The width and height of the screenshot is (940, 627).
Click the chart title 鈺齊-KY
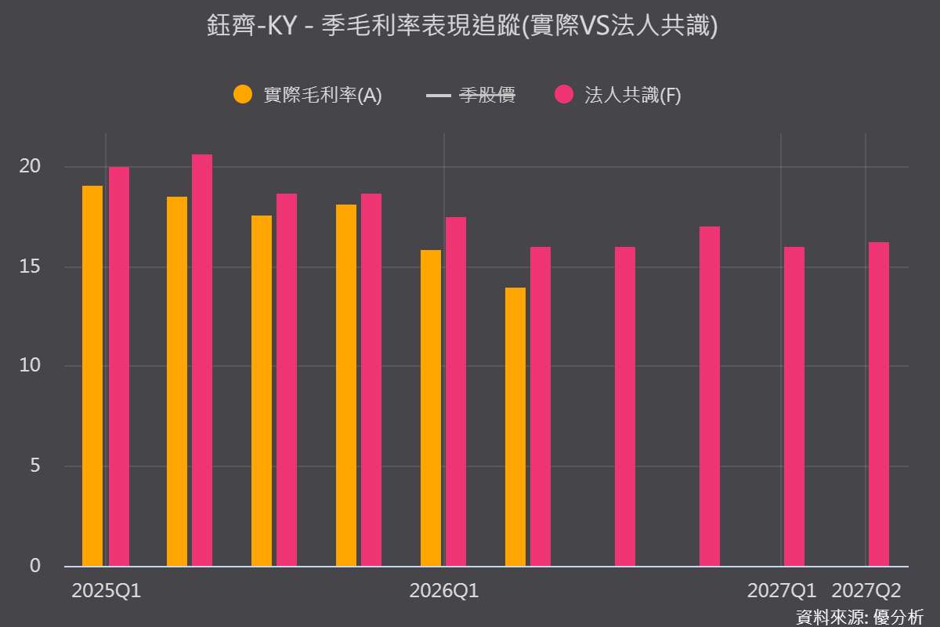pos(251,25)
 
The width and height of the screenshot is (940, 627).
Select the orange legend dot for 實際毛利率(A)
pos(243,94)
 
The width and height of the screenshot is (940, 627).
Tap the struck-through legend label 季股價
pos(486,95)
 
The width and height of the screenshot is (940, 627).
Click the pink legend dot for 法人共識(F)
pos(564,94)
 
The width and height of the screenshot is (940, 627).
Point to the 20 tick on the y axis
pos(30,166)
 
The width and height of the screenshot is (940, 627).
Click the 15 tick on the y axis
pos(30,266)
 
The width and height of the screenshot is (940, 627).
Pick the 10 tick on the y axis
pos(30,365)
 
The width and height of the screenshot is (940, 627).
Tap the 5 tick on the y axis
pos(35,466)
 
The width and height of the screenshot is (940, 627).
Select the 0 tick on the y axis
pos(35,566)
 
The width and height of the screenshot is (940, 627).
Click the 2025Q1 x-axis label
pos(107,591)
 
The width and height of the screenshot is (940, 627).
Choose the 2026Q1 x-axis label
pos(444,591)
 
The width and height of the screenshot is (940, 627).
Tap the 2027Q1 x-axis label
pos(782,591)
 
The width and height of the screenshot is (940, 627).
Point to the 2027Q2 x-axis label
pos(866,591)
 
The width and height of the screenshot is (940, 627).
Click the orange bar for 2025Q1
pos(92,376)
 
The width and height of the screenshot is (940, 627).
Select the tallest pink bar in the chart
pos(202,361)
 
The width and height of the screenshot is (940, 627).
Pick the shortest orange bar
pos(515,427)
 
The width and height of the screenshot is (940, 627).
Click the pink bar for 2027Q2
pos(879,404)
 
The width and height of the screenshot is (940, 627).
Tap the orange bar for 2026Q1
pos(431,408)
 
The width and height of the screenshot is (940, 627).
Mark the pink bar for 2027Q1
pos(794,407)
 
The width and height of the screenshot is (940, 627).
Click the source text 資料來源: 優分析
pos(860,618)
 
